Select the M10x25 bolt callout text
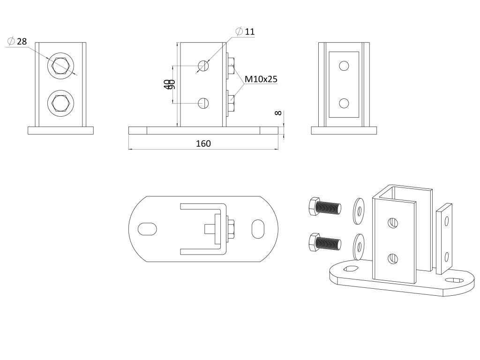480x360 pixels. pyautogui.click(x=261, y=79)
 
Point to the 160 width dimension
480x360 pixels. pyautogui.click(x=203, y=143)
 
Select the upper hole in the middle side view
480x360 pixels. pyautogui.click(x=203, y=66)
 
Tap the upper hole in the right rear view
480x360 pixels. pyautogui.click(x=344, y=66)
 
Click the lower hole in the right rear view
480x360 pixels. pyautogui.click(x=344, y=103)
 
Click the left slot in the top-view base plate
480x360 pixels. pyautogui.click(x=148, y=229)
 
